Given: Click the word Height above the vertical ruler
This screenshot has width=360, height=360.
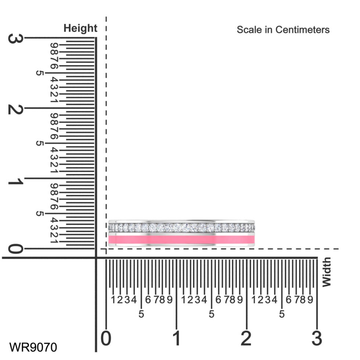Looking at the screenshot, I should click(x=80, y=28).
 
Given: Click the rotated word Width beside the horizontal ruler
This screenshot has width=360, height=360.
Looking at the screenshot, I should click(x=326, y=272).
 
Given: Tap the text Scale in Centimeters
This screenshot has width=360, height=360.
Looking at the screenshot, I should click(x=283, y=30).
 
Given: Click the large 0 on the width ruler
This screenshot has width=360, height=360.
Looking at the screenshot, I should click(x=106, y=338).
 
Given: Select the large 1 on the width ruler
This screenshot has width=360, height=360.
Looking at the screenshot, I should click(x=177, y=338).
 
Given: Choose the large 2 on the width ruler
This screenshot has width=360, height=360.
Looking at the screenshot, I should click(x=246, y=338).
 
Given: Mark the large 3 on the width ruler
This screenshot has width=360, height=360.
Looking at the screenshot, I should click(x=317, y=338).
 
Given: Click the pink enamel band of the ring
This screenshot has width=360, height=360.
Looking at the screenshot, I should click(x=181, y=240).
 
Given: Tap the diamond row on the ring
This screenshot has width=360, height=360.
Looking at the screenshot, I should click(x=181, y=228).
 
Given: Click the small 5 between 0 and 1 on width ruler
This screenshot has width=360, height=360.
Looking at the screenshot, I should click(x=141, y=314).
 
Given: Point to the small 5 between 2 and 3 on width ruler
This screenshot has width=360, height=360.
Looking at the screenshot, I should click(x=282, y=314).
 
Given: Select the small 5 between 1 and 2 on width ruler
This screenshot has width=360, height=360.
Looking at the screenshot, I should click(x=212, y=314).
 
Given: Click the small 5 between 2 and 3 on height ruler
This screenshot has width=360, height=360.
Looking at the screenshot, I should click(x=39, y=73).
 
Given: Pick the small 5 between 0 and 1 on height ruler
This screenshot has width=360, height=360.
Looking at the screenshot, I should click(x=39, y=214).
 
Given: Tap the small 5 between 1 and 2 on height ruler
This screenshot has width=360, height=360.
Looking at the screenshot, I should click(x=39, y=143).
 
